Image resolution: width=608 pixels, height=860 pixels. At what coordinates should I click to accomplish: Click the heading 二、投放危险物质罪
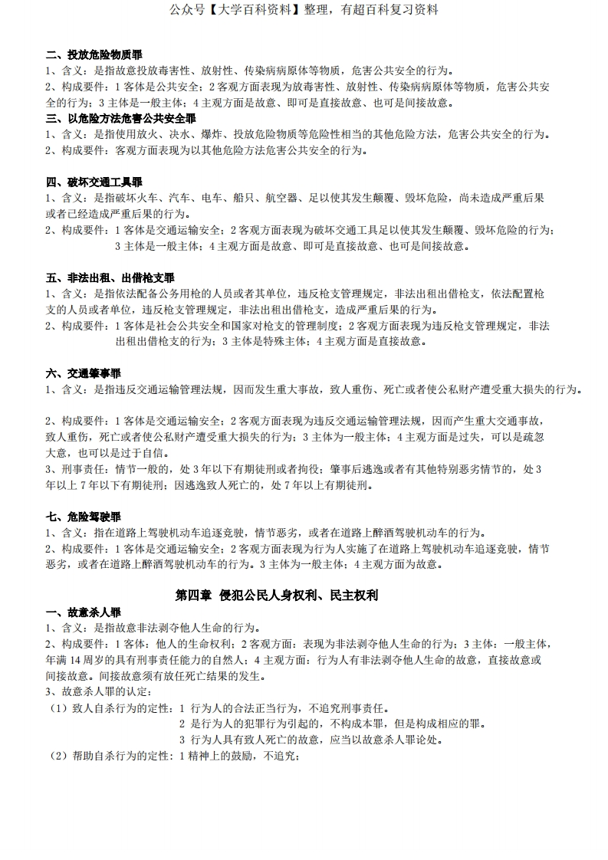94,54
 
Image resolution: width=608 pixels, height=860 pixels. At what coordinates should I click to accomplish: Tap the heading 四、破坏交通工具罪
94,182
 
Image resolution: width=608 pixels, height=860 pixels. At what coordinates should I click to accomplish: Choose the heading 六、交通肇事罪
83,373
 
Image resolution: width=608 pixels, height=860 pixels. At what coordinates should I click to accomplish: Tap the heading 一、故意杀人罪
83,612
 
